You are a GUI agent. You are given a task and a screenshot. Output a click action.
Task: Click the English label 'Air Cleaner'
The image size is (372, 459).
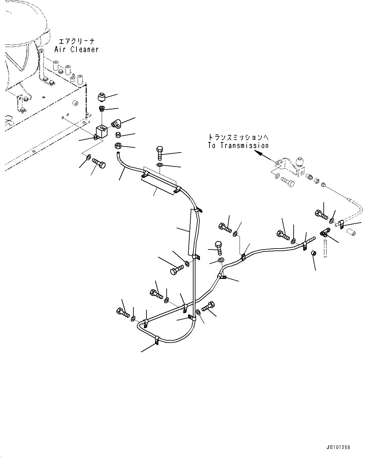(76, 50)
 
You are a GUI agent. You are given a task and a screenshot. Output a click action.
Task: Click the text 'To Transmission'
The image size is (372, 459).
(238, 146)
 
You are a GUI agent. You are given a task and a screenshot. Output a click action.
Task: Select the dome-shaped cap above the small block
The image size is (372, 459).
(102, 96)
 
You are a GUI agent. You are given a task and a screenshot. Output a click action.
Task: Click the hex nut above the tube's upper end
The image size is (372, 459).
(117, 146)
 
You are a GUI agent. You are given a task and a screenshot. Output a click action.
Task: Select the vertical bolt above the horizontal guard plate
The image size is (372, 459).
(160, 153)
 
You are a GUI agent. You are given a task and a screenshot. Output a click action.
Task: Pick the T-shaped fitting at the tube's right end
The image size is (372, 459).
(325, 232)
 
